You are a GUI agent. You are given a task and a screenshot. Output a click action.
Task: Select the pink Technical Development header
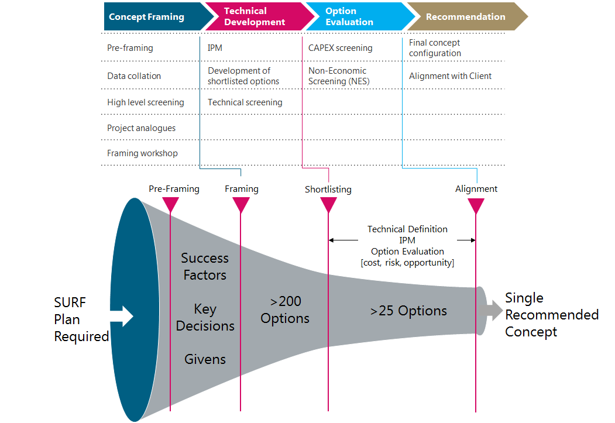(x=255, y=16)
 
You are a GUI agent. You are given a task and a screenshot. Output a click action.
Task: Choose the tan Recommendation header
(x=465, y=16)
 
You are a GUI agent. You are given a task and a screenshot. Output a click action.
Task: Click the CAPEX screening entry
(x=340, y=48)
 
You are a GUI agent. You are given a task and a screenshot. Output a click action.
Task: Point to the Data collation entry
(x=133, y=76)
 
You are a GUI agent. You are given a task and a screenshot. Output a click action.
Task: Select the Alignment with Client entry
(x=450, y=76)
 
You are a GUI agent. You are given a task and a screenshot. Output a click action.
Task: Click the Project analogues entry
(x=141, y=128)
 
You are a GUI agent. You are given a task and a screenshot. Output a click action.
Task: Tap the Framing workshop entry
(x=142, y=153)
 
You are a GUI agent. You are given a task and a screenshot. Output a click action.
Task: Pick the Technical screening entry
(x=245, y=102)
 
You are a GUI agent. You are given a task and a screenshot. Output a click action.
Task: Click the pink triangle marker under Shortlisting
(x=328, y=205)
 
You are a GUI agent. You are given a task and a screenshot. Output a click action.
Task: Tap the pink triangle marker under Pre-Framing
(x=170, y=204)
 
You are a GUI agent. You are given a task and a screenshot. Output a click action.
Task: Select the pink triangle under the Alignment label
(x=476, y=205)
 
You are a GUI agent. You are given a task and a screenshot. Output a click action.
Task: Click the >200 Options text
(x=285, y=310)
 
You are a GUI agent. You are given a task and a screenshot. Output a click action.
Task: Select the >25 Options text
(x=408, y=311)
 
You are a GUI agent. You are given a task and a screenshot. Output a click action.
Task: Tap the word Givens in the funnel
(x=205, y=359)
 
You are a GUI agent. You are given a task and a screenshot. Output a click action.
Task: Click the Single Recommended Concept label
(x=551, y=315)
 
